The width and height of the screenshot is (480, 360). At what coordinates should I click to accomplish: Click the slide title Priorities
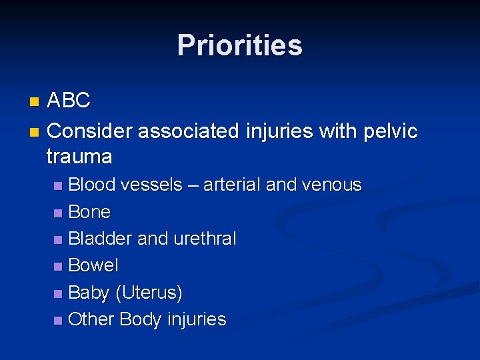click(x=239, y=45)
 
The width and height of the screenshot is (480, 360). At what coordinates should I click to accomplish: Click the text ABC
click(x=69, y=101)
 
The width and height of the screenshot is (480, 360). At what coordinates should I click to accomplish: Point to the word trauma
click(x=79, y=157)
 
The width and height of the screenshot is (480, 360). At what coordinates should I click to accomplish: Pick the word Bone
click(x=89, y=212)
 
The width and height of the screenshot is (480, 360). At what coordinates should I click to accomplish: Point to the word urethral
click(x=206, y=239)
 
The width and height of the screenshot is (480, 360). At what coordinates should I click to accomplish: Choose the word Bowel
click(x=93, y=265)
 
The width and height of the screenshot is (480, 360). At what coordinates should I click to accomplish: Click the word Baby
click(x=89, y=293)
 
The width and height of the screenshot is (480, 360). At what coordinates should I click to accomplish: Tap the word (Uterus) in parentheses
click(x=149, y=293)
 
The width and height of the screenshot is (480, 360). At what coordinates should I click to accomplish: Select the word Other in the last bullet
click(x=91, y=319)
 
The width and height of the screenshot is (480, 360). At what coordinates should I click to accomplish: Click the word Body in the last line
click(x=141, y=319)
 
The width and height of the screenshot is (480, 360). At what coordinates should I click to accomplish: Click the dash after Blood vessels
click(x=192, y=185)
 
